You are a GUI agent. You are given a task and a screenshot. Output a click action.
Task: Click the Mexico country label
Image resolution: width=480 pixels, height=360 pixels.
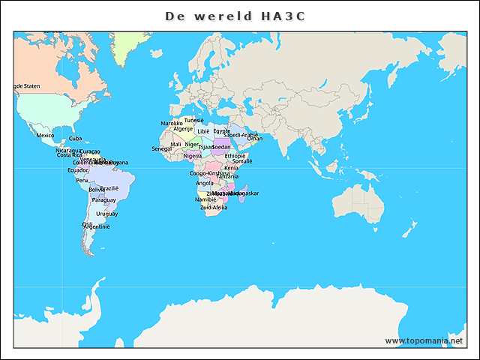pos(45,136)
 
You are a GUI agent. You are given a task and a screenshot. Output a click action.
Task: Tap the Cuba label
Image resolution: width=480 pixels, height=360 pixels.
pos(76,139)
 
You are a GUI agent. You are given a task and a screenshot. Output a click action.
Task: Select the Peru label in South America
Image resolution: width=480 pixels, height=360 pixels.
pos(82,180)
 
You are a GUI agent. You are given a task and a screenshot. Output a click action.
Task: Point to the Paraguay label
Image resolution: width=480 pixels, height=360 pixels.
pos(104,200)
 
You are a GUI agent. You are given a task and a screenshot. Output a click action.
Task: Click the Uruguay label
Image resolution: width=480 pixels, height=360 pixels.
pos(106,214)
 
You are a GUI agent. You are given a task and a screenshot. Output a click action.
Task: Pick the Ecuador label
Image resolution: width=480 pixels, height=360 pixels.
pos(78,170)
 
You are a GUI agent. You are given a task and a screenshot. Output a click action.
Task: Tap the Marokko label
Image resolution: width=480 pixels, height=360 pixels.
pos(172,123)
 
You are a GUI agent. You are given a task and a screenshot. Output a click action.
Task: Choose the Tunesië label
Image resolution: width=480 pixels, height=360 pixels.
pos(194,120)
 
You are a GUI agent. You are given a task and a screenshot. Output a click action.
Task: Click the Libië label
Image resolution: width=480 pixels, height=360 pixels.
pos(204,131)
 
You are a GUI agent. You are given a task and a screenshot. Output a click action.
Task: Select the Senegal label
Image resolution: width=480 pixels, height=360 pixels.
pos(161,148)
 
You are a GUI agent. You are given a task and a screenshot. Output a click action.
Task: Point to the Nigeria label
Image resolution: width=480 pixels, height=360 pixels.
pos(193,156)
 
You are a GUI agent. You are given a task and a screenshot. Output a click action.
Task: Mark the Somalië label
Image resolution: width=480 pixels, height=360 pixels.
pos(242,161)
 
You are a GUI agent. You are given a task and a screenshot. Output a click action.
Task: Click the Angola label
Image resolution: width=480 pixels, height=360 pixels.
pos(204,183)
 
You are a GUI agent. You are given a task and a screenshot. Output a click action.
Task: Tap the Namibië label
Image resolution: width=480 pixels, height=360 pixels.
pos(205,199)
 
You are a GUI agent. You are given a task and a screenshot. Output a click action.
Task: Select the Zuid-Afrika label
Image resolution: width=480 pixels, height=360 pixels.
pos(214,208)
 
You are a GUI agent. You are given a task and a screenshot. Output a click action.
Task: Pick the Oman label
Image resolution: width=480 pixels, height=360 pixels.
pos(255,139)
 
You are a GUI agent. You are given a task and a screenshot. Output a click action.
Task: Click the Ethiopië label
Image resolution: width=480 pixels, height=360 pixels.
pos(235,155)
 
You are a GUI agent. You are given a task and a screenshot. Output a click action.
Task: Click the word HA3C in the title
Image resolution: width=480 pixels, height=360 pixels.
pos(287,16)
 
